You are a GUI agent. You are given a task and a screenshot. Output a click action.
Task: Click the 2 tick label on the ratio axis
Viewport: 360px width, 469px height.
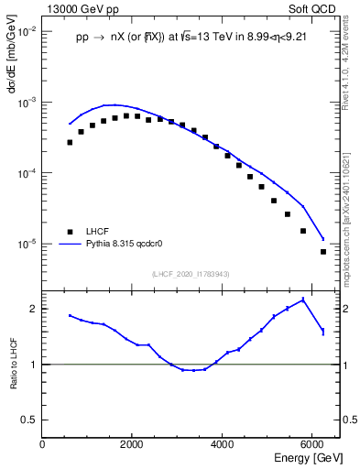pos(34,309)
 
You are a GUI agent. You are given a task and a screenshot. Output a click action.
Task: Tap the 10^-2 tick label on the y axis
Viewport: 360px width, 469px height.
pos(27,31)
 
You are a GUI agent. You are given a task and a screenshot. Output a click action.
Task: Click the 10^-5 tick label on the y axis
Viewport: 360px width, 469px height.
pos(27,245)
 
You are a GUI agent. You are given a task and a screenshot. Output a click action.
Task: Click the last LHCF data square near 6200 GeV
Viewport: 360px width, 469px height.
pos(323,252)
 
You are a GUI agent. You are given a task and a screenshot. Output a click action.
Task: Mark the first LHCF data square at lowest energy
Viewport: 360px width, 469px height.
pos(70,142)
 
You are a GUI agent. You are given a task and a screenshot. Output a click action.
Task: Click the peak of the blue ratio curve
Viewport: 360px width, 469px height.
pos(302,300)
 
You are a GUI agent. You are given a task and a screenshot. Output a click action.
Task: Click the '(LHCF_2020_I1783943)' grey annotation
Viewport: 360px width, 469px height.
pos(190,274)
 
